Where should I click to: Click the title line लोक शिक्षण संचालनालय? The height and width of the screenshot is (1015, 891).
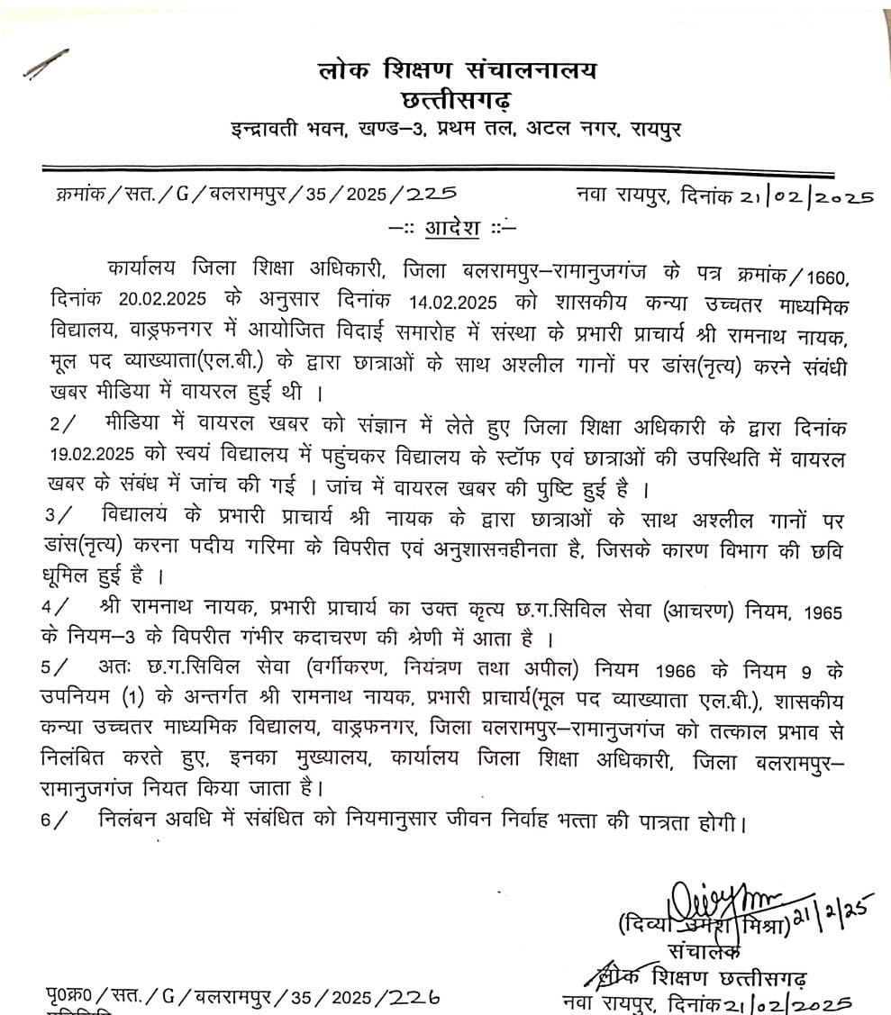pos(457,69)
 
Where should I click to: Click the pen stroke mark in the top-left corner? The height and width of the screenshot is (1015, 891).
pos(46,67)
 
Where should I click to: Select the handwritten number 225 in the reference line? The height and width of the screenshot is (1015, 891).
pos(431,194)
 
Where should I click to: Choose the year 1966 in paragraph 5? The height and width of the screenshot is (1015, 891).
pos(690,671)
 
